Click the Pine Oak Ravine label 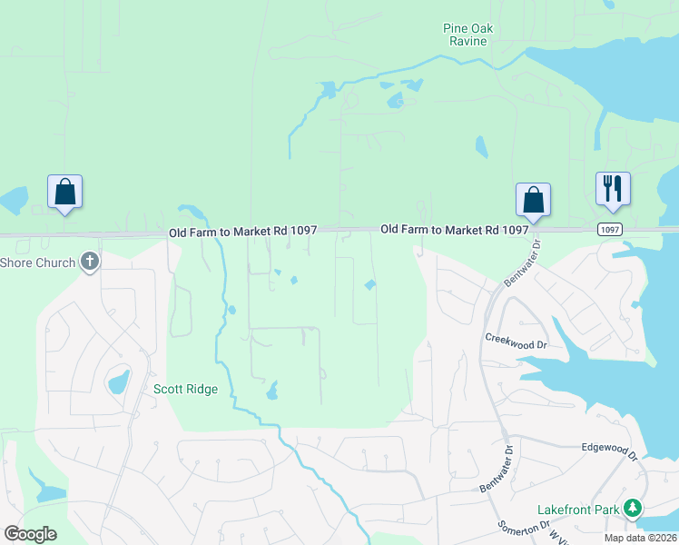pos(467,35)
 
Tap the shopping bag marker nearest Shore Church pos(64,193)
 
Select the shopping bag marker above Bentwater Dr pos(533,201)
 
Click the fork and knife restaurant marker pos(612,189)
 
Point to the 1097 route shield pos(610,230)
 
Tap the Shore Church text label pos(37,263)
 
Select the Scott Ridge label pos(185,389)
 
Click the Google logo pos(30,533)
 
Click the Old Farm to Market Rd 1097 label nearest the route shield pos(454,230)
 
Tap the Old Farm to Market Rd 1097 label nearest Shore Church pos(242,232)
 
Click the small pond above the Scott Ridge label pos(119,381)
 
